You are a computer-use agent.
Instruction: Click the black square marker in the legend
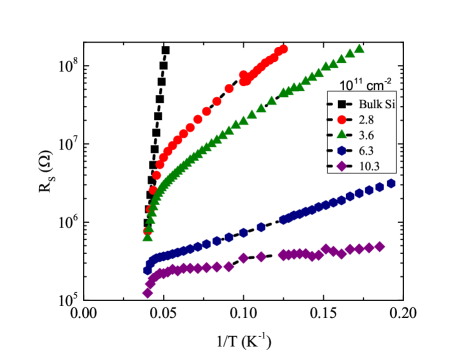[342, 104]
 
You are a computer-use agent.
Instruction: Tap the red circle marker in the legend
[342, 119]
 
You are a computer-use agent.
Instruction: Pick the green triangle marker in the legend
[342, 134]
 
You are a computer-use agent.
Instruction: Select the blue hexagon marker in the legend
[342, 150]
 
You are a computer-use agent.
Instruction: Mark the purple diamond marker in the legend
[342, 166]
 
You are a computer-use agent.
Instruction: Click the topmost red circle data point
[283, 49]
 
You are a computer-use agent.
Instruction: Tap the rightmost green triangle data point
[359, 48]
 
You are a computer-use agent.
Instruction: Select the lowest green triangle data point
[148, 237]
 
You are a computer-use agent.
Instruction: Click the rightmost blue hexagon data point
[391, 184]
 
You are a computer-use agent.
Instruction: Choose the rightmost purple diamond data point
[380, 246]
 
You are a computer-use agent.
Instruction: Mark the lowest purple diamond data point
[148, 293]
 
